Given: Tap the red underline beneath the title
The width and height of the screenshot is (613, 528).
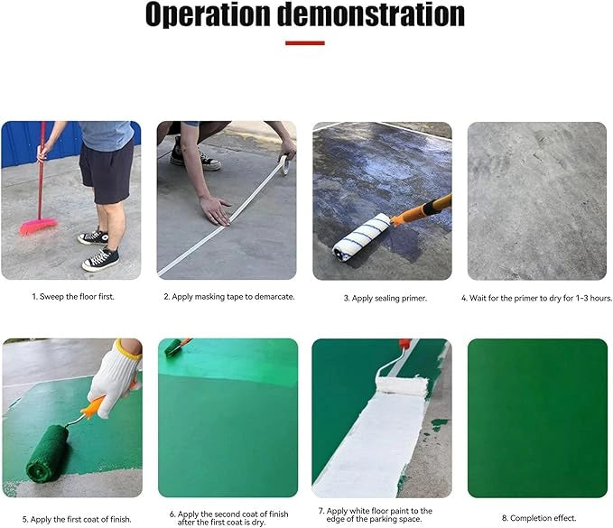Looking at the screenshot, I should click(x=305, y=42).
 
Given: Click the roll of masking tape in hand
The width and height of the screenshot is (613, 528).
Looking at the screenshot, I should click(x=283, y=162).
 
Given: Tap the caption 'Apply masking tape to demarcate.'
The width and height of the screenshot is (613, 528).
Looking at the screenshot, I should click(x=228, y=296).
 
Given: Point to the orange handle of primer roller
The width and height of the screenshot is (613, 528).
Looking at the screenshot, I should click(x=423, y=209).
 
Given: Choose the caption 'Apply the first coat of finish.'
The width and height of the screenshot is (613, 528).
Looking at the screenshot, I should click(x=69, y=519).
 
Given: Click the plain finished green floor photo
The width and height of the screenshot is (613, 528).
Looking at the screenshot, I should click(x=537, y=418).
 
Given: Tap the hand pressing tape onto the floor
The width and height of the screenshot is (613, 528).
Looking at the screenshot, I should click(x=217, y=209).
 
